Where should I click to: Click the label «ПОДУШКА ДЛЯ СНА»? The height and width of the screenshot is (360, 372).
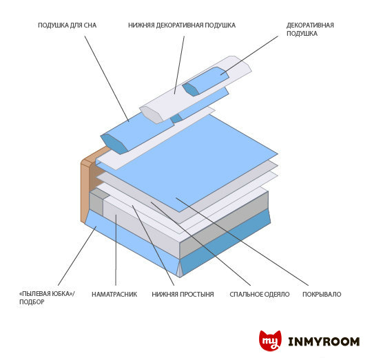click(x=67, y=25)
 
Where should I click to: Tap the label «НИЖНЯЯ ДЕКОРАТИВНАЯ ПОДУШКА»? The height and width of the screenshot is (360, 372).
click(x=182, y=25)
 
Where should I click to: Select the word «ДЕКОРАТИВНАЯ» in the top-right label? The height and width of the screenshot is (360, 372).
click(x=310, y=25)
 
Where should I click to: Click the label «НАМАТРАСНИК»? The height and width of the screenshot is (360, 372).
click(x=114, y=295)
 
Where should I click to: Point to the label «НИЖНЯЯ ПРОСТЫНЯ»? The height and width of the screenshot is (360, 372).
click(x=183, y=295)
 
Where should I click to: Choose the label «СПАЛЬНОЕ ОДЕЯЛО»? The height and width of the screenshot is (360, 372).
click(x=260, y=295)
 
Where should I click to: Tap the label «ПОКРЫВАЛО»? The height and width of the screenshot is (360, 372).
click(x=322, y=295)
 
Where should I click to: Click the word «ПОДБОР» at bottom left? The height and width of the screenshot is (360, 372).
click(x=32, y=302)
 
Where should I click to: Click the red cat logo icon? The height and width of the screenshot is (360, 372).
click(x=270, y=341)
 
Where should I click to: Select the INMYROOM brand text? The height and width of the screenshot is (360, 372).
click(x=324, y=341)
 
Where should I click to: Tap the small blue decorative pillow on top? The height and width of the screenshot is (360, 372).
click(x=206, y=81)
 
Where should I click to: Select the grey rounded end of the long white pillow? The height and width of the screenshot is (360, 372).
click(x=151, y=114)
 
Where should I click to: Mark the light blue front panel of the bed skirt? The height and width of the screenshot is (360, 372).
click(x=130, y=240)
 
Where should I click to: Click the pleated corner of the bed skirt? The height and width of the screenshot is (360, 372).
click(x=180, y=268)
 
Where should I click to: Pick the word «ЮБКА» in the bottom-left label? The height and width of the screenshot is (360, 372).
click(x=56, y=294)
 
